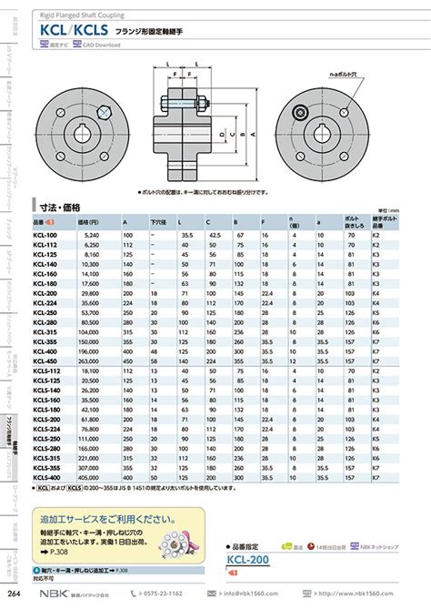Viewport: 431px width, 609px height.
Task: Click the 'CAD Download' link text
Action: pyautogui.click(x=106, y=43)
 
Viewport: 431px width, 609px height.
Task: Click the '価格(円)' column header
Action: pyautogui.click(x=89, y=221)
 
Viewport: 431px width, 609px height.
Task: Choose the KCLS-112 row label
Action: pyautogui.click(x=47, y=371)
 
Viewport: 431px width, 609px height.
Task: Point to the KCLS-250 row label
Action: pyautogui.click(x=47, y=437)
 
